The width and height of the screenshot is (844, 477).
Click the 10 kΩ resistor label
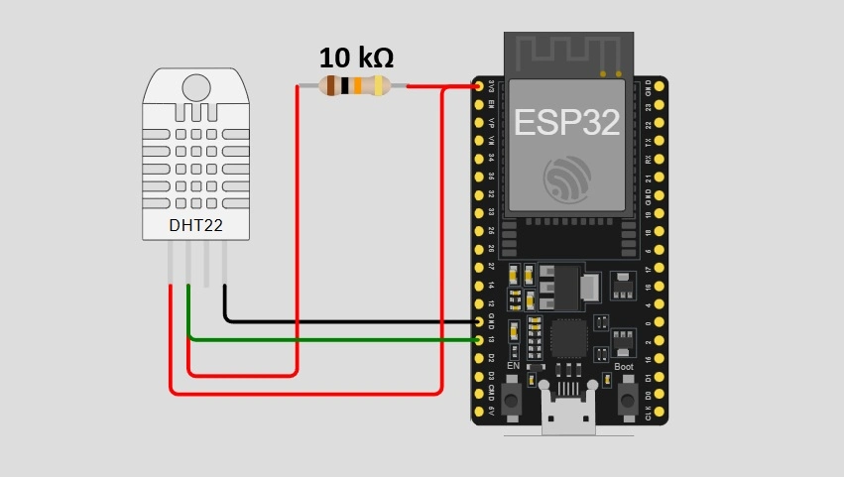[356, 58]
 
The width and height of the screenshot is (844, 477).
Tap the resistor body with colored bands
[353, 86]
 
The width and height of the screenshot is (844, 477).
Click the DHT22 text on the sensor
[195, 225]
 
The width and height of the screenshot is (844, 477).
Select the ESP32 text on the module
[566, 122]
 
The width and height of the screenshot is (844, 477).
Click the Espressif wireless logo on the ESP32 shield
[567, 179]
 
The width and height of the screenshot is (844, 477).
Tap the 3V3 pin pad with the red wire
[479, 87]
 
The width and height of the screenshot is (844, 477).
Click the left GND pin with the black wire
[479, 322]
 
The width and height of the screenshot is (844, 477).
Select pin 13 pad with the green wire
[479, 340]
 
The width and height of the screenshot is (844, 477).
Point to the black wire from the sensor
[347, 321]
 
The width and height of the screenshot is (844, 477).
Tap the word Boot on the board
[624, 367]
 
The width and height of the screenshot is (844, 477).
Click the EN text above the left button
[513, 367]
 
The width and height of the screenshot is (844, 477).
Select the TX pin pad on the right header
[659, 142]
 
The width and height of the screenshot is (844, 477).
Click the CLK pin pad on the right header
[659, 413]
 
